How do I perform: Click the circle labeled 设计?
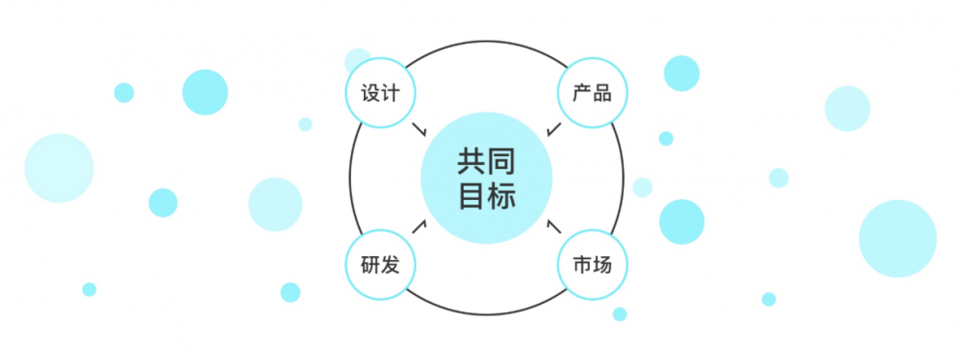coord(380,93)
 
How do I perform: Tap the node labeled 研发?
coord(380,265)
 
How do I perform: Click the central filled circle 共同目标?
coord(486,179)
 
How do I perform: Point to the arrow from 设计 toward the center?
coord(420,130)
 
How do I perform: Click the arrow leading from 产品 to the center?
coord(554,129)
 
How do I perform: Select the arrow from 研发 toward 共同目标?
coord(419,226)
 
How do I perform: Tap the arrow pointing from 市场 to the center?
coord(554,226)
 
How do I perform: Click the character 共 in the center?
coord(470,162)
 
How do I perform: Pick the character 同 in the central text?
coord(501,162)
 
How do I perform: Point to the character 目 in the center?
coord(470,195)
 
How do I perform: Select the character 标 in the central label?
coord(501,195)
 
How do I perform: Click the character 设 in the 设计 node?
coord(370,94)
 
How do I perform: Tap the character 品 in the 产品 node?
coord(602,94)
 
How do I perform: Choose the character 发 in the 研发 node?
coord(390,265)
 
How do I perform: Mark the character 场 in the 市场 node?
coord(602,265)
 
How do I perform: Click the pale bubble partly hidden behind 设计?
coord(358,60)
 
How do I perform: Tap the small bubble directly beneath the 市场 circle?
coord(619,314)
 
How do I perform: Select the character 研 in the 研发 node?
coord(370,265)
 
